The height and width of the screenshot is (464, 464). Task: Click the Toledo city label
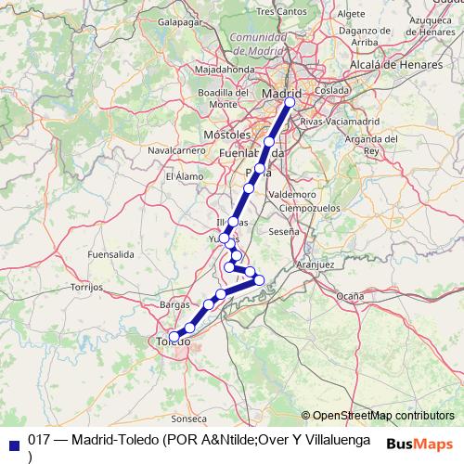click(x=172, y=344)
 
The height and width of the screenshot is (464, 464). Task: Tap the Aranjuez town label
click(x=314, y=264)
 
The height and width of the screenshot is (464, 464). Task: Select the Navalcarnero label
click(x=176, y=150)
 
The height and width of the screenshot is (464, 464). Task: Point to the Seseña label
click(x=285, y=231)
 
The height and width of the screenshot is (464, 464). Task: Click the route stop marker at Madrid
click(x=290, y=103)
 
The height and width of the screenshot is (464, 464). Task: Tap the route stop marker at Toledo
click(x=174, y=336)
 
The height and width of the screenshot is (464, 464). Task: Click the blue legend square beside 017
click(x=14, y=442)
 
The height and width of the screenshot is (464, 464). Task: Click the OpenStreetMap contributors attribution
click(x=382, y=415)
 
